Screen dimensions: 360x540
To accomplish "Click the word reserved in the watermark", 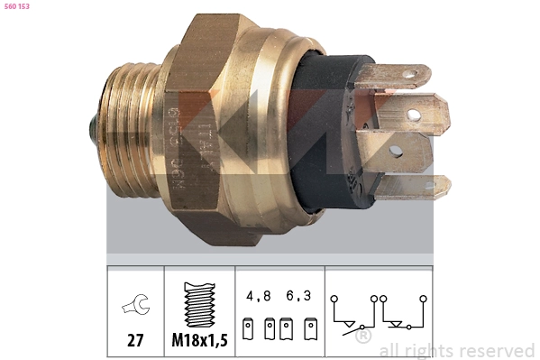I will [x=491, y=350].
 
